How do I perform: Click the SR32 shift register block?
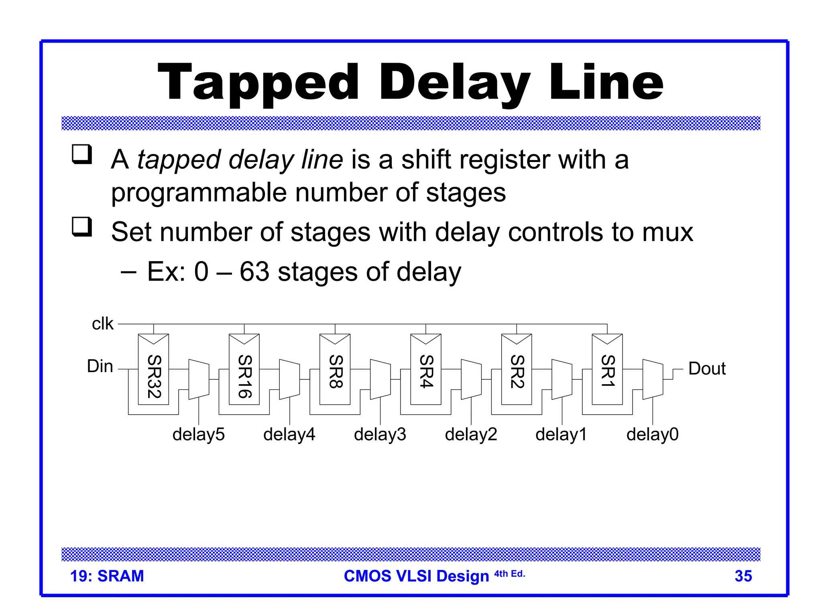tap(153, 370)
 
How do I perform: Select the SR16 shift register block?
tap(244, 370)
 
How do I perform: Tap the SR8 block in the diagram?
tap(335, 370)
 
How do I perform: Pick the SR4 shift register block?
tap(426, 370)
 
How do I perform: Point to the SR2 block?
tap(517, 370)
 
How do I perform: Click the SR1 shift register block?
tap(607, 370)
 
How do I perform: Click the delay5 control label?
tap(198, 434)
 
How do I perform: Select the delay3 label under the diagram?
tap(380, 434)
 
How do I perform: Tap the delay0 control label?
tap(652, 434)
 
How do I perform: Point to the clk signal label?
tap(103, 324)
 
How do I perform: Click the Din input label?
tap(100, 366)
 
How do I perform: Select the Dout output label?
tap(707, 369)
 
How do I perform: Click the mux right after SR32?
tap(199, 379)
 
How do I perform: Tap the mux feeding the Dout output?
tap(653, 379)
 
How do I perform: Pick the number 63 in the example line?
tap(254, 272)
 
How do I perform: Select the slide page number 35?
tap(743, 576)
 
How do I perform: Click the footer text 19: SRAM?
tap(107, 576)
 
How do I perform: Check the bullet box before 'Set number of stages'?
tap(82, 227)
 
